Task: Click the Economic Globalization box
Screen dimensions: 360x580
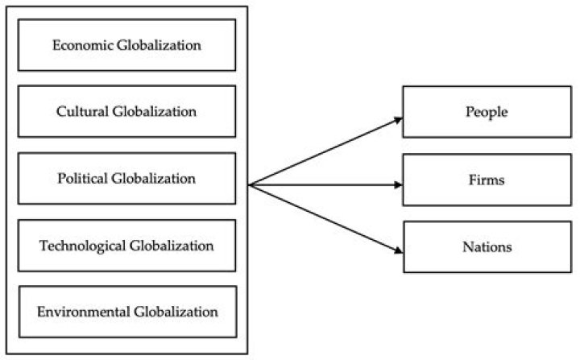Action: [126, 44]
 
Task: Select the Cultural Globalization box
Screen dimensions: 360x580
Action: [126, 111]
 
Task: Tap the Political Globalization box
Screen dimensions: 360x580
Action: [126, 179]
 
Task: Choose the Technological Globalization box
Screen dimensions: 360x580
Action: [126, 245]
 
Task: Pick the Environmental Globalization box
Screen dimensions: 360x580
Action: [126, 311]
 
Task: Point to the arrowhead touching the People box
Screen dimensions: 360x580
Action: [398, 119]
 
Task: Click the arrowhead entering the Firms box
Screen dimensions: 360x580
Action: [398, 184]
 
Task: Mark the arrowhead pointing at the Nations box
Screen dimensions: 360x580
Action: [398, 250]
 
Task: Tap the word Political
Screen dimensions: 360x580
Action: [84, 179]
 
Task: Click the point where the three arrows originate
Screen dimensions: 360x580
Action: [250, 185]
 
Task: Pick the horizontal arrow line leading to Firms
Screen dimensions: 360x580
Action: [322, 185]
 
